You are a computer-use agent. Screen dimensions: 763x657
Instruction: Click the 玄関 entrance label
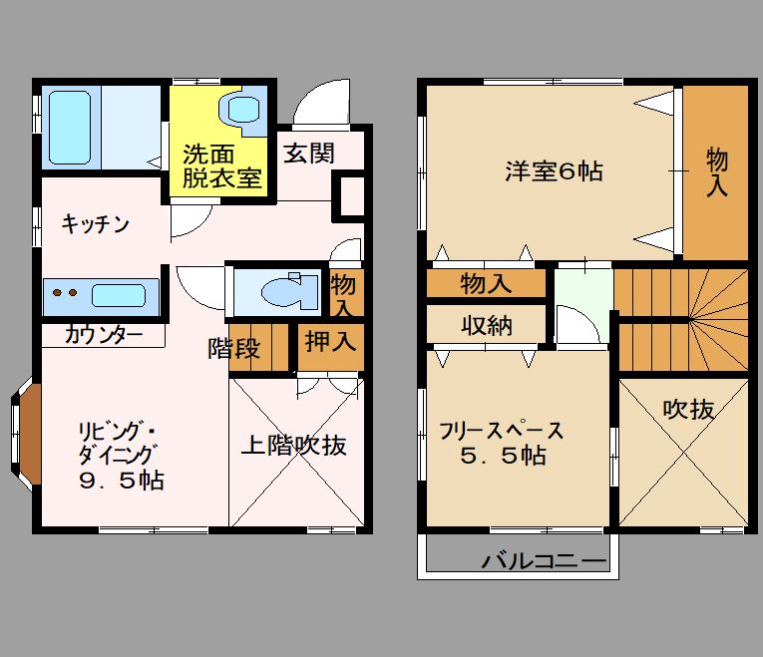(309, 154)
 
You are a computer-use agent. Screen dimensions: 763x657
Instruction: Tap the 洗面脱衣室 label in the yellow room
(222, 166)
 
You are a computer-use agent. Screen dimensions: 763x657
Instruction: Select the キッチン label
(96, 224)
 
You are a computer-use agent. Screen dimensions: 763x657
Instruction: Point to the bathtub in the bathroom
(70, 128)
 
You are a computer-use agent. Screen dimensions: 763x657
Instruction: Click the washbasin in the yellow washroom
(241, 110)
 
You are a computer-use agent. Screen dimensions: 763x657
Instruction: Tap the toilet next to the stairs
(289, 292)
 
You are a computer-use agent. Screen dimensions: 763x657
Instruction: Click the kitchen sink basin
(119, 296)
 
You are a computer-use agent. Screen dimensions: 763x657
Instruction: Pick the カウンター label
(104, 335)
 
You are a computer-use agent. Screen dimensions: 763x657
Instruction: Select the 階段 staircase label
(234, 348)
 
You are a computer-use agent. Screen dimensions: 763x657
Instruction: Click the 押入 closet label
(330, 341)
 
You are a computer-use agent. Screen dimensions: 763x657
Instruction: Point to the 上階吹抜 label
(294, 445)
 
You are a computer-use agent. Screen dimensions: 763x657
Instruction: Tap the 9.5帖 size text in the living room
(122, 481)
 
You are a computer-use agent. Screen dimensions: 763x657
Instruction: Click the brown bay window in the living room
(30, 434)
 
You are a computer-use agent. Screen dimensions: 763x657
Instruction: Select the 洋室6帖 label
(555, 171)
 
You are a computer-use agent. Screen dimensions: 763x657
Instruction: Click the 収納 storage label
(487, 325)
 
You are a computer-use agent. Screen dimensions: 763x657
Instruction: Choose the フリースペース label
(502, 431)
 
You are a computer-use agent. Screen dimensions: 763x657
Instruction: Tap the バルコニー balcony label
(545, 561)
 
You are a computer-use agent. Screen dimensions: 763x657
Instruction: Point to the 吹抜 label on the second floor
(688, 410)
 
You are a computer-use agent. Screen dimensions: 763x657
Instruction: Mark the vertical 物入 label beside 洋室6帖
(717, 172)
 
